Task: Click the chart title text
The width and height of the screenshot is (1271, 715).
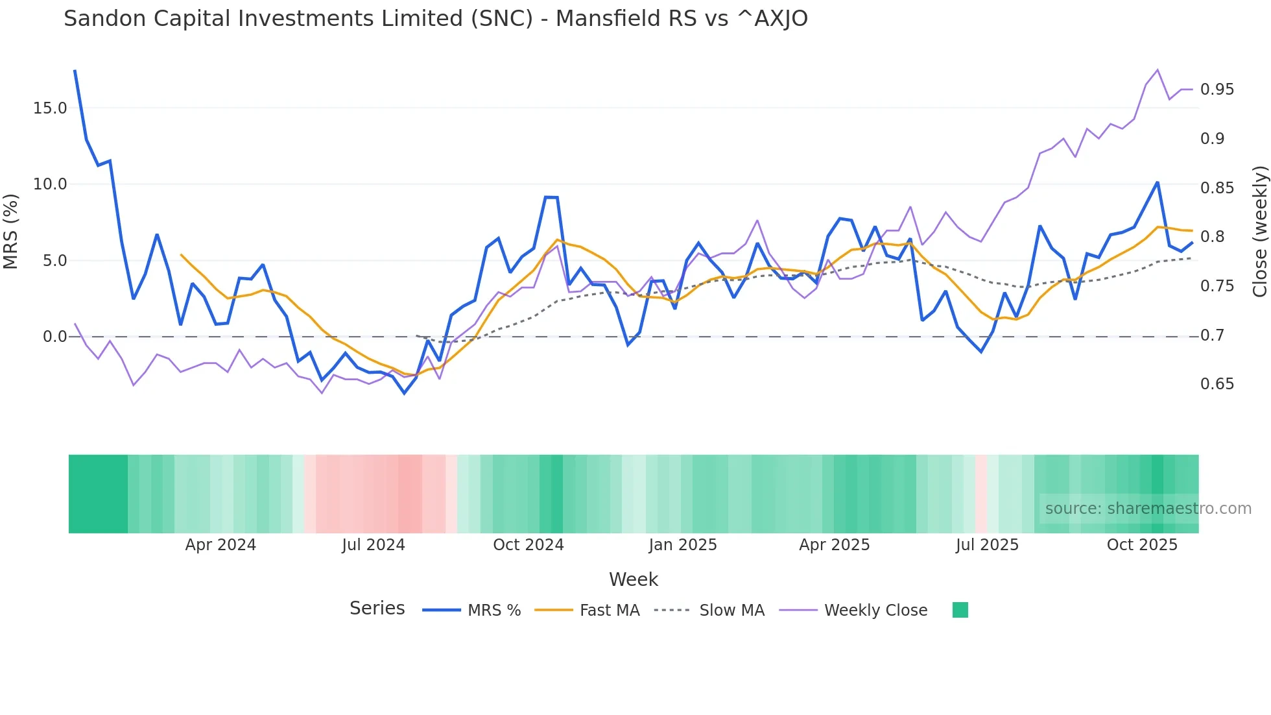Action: [435, 19]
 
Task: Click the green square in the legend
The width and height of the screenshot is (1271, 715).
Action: [960, 610]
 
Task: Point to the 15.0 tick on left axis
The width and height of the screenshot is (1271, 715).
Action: [50, 108]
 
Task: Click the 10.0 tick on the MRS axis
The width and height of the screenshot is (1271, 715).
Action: [50, 184]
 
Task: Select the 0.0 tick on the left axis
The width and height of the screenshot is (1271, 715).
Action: [54, 337]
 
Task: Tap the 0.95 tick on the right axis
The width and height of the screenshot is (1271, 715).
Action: [1217, 90]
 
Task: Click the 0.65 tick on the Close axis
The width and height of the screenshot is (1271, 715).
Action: [1217, 384]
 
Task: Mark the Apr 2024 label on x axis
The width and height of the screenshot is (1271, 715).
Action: [220, 545]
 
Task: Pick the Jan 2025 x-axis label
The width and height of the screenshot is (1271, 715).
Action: [682, 545]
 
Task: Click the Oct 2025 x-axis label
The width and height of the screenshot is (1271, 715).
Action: [1141, 545]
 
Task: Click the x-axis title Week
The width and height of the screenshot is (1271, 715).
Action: [633, 579]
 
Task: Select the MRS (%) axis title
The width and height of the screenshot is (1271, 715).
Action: [11, 231]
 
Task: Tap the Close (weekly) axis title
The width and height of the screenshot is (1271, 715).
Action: [1259, 232]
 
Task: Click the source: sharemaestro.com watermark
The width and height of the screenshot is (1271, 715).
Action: [1148, 509]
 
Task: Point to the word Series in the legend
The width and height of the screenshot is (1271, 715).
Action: [377, 609]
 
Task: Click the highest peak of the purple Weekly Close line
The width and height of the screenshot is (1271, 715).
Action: [1158, 70]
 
